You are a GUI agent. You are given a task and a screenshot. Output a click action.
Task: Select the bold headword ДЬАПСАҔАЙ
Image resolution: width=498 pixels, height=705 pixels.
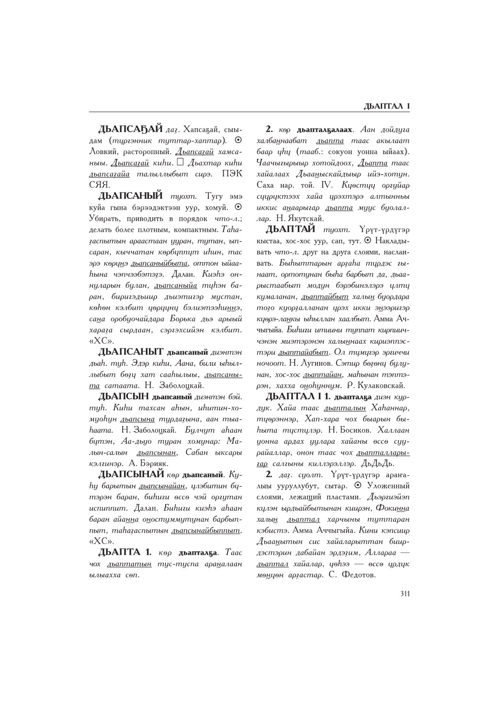[130, 129]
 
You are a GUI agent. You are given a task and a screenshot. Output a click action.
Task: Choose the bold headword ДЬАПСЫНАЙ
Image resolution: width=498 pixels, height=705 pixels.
[131, 475]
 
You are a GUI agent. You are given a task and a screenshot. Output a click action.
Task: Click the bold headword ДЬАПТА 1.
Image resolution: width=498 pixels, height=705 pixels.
[125, 552]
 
